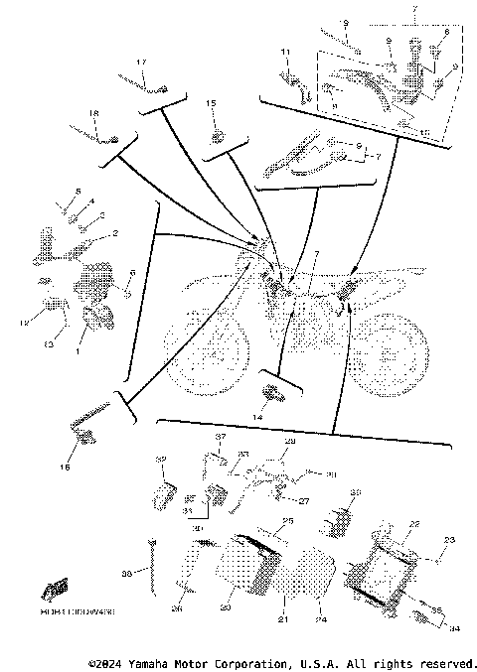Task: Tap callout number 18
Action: pos(95,113)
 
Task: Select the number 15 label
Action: pos(211,103)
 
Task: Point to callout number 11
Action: pos(284,52)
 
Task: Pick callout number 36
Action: pos(125,574)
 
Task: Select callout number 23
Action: pos(448,541)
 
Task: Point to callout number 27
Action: pos(306,501)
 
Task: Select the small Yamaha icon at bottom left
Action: pos(55,588)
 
